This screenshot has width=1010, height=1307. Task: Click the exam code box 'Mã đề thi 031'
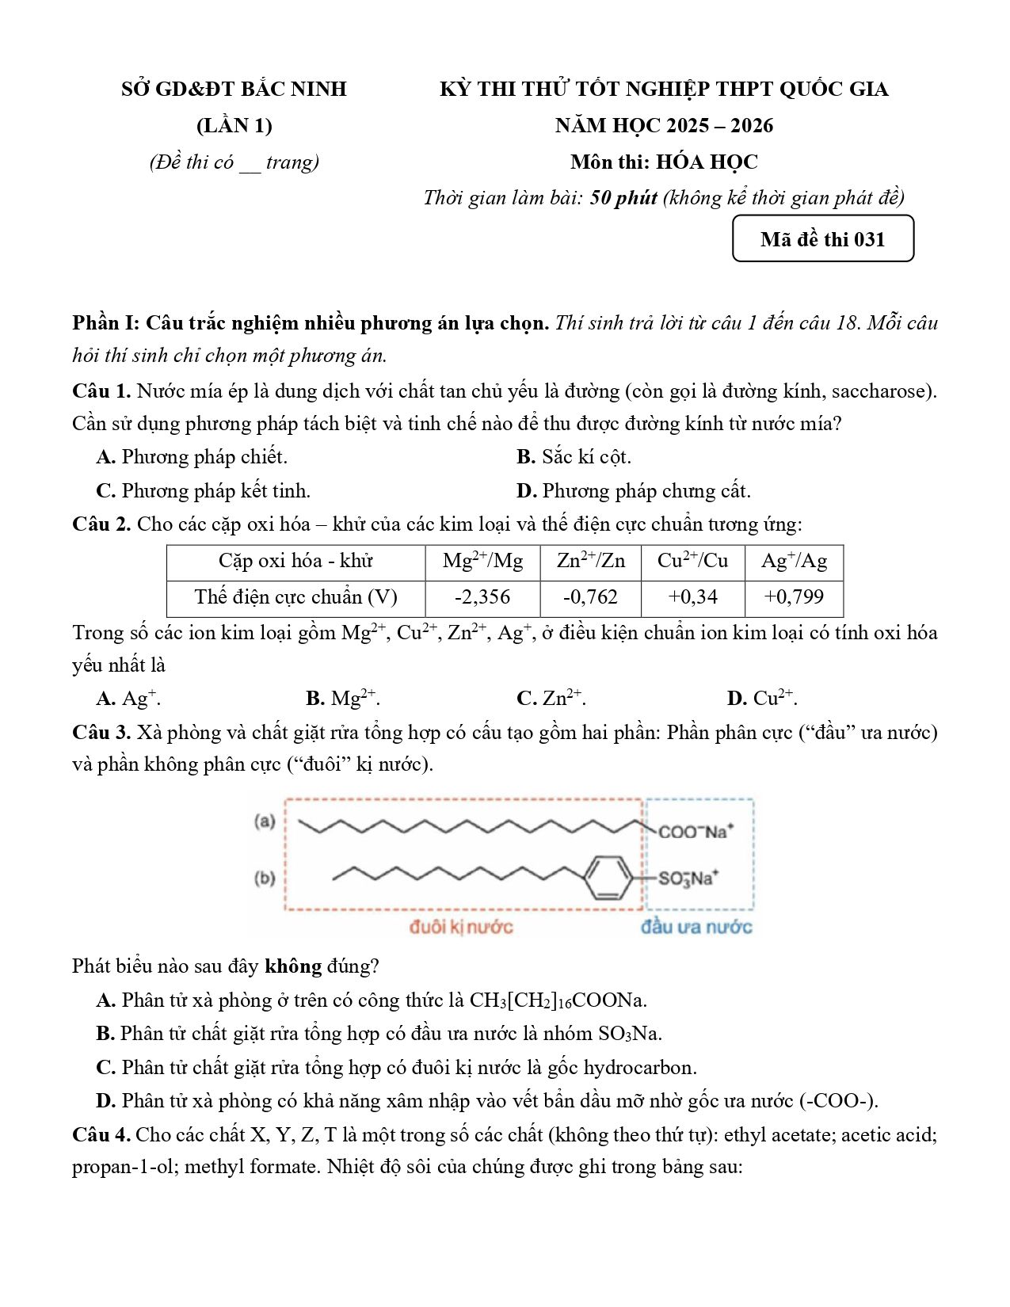pyautogui.click(x=822, y=239)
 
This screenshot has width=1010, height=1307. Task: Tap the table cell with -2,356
pyautogui.click(x=482, y=597)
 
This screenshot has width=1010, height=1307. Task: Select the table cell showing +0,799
pyautogui.click(x=794, y=597)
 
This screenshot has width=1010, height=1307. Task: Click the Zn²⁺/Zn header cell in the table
pyautogui.click(x=590, y=562)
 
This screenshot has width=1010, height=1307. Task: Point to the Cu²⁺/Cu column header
pyautogui.click(x=692, y=562)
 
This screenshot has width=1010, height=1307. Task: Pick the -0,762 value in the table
pyautogui.click(x=590, y=597)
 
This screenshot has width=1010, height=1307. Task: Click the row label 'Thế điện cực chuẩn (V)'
pyautogui.click(x=296, y=597)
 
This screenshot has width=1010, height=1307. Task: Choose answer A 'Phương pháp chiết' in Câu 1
pyautogui.click(x=192, y=457)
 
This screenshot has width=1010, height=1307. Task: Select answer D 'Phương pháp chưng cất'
pyautogui.click(x=634, y=491)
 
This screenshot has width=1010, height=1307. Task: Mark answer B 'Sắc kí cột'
pyautogui.click(x=574, y=457)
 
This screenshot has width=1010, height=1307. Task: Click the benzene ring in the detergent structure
pyautogui.click(x=608, y=877)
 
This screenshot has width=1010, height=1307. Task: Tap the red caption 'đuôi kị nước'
pyautogui.click(x=461, y=927)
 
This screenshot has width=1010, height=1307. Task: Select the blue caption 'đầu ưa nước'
pyautogui.click(x=696, y=927)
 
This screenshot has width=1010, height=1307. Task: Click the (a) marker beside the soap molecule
pyautogui.click(x=265, y=821)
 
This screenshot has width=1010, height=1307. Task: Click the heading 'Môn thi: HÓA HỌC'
pyautogui.click(x=664, y=162)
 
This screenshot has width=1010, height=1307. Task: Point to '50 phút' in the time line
pyautogui.click(x=623, y=197)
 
